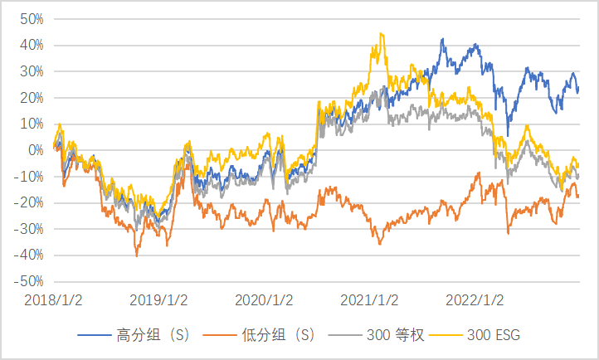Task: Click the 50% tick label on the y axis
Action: pos(32,18)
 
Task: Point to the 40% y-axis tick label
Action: pos(32,45)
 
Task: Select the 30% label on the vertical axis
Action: pos(32,71)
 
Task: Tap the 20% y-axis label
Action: pos(32,98)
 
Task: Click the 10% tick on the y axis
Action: pos(32,124)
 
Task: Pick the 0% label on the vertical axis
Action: pos(35,150)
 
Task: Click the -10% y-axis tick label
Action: pos(29,177)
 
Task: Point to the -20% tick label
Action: pos(29,203)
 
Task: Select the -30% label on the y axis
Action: pos(29,230)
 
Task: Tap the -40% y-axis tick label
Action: pos(29,255)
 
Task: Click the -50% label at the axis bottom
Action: pos(29,282)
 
